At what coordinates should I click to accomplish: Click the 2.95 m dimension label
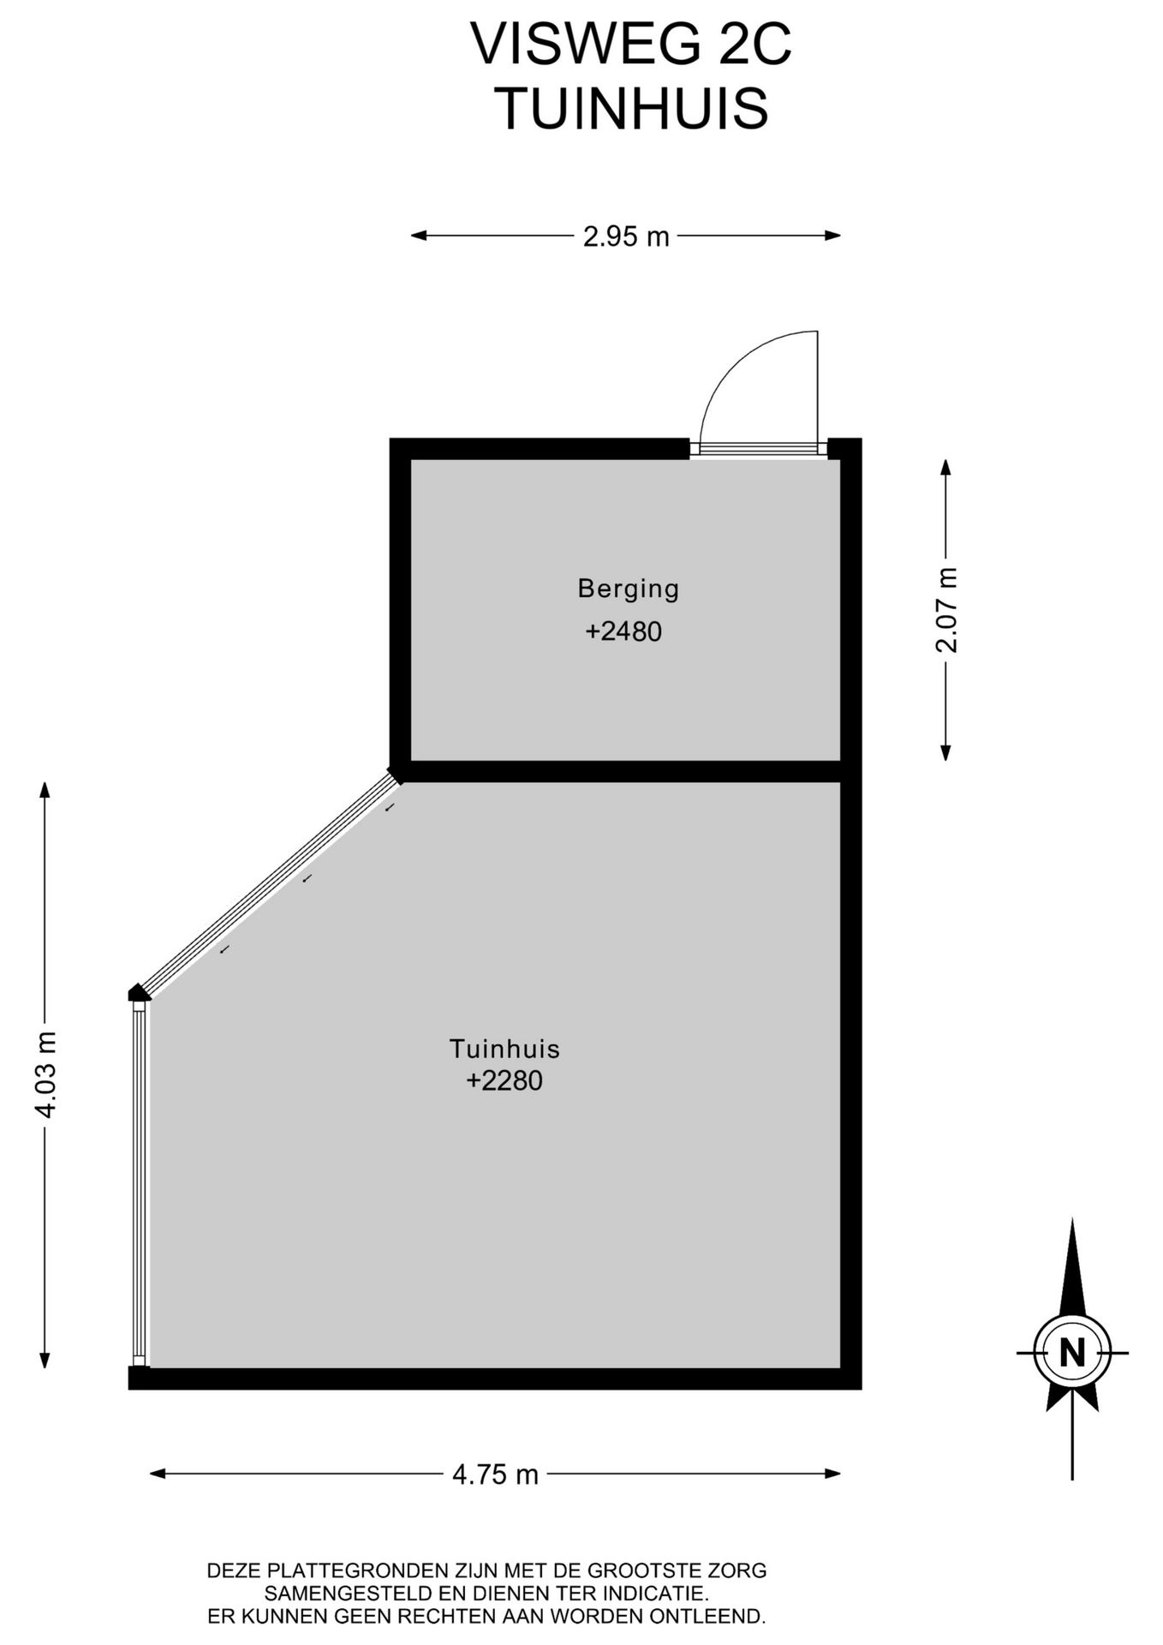click(626, 236)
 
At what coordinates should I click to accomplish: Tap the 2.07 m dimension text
click(946, 610)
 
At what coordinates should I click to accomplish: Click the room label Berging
click(629, 589)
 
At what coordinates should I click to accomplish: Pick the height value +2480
click(623, 631)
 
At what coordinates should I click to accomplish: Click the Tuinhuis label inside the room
click(504, 1049)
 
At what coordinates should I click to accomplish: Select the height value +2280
click(504, 1080)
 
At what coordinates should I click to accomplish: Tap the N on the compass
click(1072, 1352)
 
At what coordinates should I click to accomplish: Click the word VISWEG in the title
click(585, 45)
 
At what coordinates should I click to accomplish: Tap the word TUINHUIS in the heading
click(632, 109)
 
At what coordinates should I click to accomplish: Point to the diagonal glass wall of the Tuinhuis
click(269, 883)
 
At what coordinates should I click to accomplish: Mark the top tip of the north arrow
click(1072, 1218)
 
